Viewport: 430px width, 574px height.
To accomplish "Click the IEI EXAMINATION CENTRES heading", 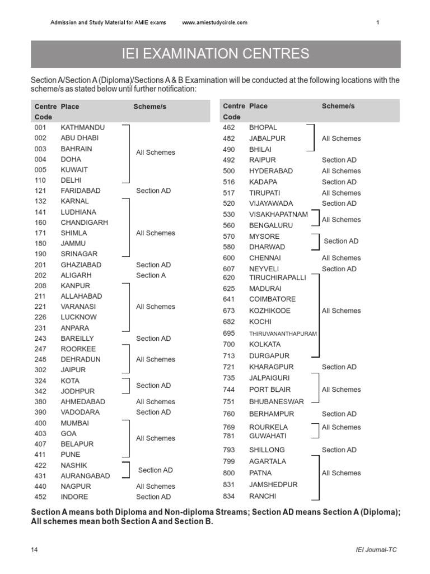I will tap(216, 54).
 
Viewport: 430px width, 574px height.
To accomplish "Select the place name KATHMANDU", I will tap(82, 128).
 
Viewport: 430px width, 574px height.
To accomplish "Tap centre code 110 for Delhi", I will tap(40, 180).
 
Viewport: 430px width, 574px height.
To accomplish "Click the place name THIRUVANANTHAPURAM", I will tap(283, 334).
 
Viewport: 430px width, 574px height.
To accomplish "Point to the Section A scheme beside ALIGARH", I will tap(151, 275).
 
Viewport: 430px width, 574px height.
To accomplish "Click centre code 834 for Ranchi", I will tap(229, 496).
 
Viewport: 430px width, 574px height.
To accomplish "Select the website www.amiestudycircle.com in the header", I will tap(214, 22).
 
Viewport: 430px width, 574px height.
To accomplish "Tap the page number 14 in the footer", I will tap(35, 550).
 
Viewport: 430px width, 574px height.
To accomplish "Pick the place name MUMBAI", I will tap(74, 423).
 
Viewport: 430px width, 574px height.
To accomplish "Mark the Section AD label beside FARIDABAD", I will tap(153, 191).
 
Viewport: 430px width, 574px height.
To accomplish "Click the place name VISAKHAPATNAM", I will tap(278, 214).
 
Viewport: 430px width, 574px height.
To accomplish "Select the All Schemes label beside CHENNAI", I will tap(341, 258).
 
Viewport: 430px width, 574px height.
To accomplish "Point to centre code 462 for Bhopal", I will tap(229, 128).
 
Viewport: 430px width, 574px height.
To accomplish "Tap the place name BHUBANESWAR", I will tap(276, 401).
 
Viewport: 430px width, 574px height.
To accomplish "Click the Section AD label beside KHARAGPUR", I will tap(339, 367).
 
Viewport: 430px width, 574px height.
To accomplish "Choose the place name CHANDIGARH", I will tap(84, 223).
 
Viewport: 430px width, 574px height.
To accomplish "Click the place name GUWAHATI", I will tap(268, 436).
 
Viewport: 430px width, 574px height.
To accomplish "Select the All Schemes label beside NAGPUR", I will tap(155, 487).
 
